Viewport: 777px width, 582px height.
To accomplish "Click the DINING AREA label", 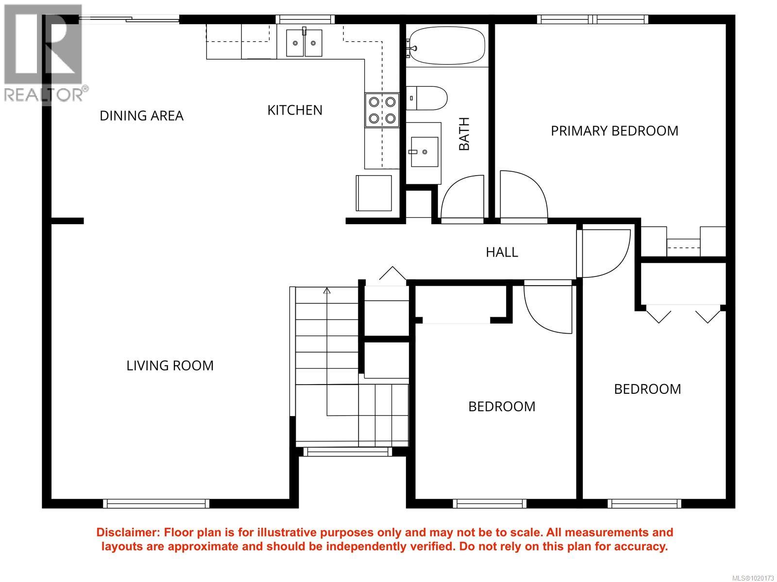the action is (x=142, y=116).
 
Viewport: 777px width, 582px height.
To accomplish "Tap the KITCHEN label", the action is (x=295, y=110).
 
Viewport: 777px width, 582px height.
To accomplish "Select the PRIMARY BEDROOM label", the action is (x=614, y=131).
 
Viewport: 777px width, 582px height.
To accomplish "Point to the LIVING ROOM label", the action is (x=170, y=365).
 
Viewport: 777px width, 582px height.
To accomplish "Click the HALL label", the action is (x=502, y=252).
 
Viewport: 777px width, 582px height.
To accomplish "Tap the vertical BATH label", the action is (x=464, y=134).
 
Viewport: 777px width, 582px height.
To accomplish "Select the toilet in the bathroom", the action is (x=426, y=98).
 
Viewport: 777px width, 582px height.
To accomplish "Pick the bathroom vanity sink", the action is (x=424, y=152).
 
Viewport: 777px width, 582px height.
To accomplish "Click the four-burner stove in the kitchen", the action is (x=382, y=110).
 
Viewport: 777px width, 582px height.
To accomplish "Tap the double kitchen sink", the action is (x=304, y=43).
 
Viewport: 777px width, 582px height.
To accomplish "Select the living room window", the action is (x=156, y=503).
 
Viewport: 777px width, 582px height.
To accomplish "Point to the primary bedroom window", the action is (x=592, y=19).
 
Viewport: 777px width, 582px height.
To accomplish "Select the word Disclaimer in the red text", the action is (x=126, y=533).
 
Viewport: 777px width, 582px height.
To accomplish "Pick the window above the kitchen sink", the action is (x=305, y=19).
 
